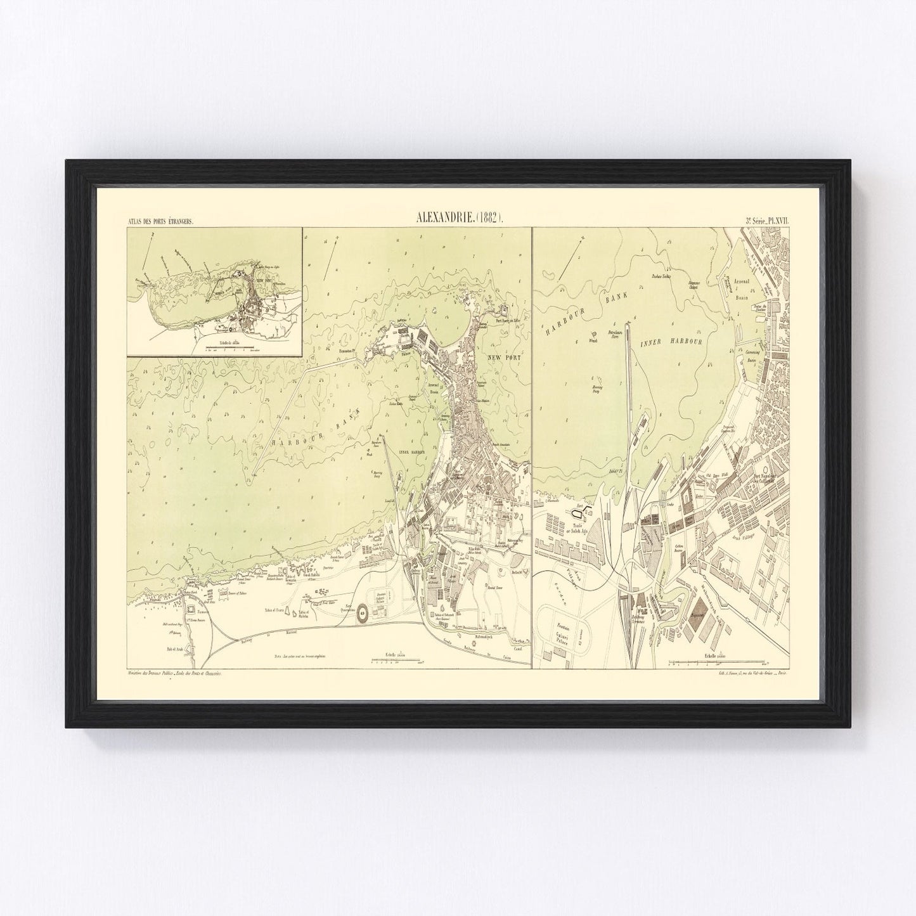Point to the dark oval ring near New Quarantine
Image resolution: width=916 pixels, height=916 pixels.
363,612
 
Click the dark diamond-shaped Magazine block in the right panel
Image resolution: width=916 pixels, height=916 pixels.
699,614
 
